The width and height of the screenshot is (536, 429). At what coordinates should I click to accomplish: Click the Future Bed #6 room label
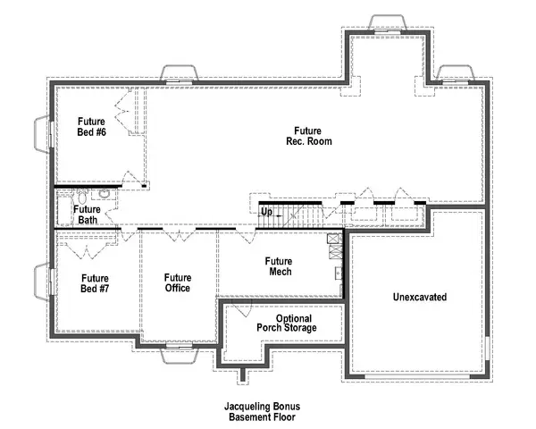(91, 127)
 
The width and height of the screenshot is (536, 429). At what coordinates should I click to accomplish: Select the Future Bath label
(87, 214)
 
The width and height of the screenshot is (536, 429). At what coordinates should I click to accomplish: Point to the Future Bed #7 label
(95, 282)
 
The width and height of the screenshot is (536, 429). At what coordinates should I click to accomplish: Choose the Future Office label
(177, 282)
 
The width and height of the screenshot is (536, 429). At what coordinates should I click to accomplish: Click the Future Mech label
(278, 266)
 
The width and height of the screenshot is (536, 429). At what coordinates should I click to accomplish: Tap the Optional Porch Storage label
(294, 324)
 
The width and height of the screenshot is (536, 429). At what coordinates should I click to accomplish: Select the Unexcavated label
(419, 296)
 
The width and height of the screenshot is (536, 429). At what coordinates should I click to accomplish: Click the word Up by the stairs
(266, 211)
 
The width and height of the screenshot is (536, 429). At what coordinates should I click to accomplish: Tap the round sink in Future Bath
(104, 192)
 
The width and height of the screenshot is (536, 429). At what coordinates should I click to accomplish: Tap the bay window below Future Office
(178, 355)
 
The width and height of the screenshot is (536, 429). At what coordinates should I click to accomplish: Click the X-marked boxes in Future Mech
(333, 239)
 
